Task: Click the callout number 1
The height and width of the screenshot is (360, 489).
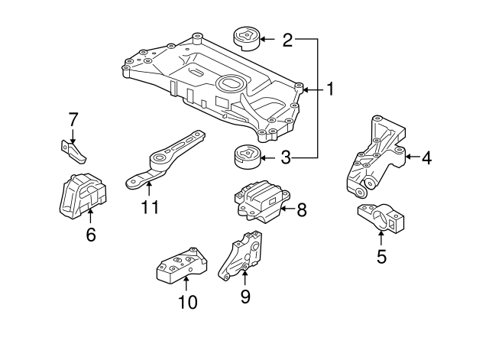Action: pyautogui.click(x=330, y=89)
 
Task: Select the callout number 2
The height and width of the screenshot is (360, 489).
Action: pyautogui.click(x=287, y=40)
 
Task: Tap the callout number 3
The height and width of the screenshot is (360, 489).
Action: pyautogui.click(x=286, y=159)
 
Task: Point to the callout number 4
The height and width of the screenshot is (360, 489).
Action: pyautogui.click(x=426, y=158)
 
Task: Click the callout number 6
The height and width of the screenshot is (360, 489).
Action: pyautogui.click(x=91, y=235)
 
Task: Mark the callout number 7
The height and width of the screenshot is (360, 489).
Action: pyautogui.click(x=73, y=119)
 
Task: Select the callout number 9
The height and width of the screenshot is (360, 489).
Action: pyautogui.click(x=244, y=295)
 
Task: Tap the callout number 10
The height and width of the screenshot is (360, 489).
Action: pyautogui.click(x=187, y=302)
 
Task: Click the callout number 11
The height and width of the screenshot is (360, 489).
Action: pyautogui.click(x=150, y=207)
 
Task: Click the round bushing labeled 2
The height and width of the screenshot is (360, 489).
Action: pyautogui.click(x=246, y=37)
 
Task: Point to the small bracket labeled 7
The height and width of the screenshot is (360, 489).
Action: pyautogui.click(x=74, y=151)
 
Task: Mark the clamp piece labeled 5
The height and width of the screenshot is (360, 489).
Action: pyautogui.click(x=381, y=219)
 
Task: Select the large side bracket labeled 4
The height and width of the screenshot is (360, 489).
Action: pyautogui.click(x=376, y=157)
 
